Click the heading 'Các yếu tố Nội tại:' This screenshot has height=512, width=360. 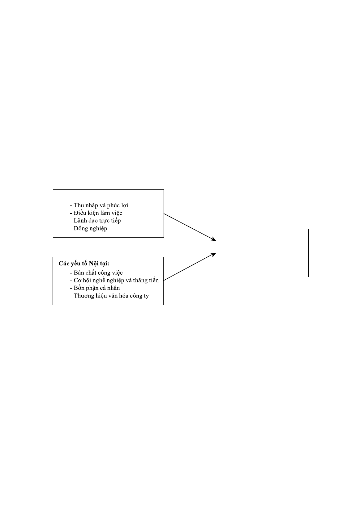[x=84, y=264]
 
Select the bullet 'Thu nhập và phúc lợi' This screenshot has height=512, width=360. [x=99, y=205]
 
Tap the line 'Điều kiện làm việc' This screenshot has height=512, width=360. [x=96, y=213]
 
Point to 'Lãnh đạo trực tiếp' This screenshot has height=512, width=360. [x=95, y=221]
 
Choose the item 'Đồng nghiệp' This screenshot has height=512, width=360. [x=88, y=228]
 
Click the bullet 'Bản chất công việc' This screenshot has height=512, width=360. [x=96, y=273]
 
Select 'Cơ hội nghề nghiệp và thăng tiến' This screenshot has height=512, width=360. [x=114, y=280]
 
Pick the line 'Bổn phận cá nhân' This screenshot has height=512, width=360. [x=95, y=288]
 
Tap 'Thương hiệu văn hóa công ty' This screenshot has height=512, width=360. [x=109, y=296]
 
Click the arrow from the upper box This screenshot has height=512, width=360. [x=190, y=227]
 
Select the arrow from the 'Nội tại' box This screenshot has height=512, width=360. [x=190, y=267]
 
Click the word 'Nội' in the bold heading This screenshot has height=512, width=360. [x=93, y=264]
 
